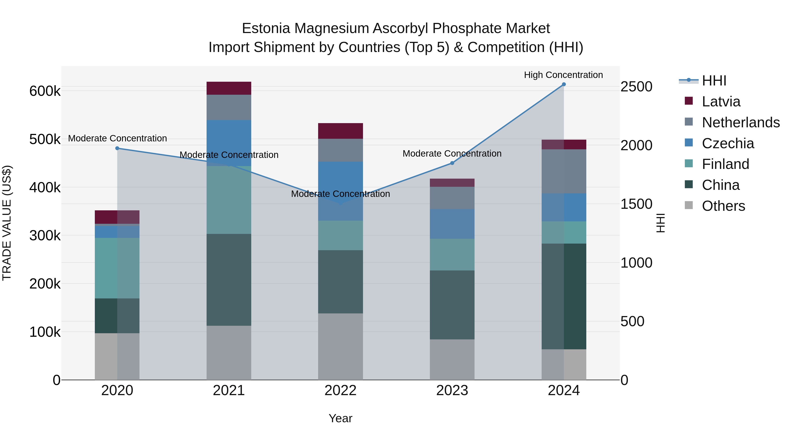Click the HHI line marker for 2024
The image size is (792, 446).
click(x=564, y=84)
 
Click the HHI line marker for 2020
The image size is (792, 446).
click(x=117, y=148)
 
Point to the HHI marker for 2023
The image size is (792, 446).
click(x=452, y=163)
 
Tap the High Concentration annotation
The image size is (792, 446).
click(x=563, y=75)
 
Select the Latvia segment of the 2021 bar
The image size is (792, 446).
click(x=229, y=88)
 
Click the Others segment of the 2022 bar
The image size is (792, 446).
click(x=340, y=347)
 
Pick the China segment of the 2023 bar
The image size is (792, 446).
click(x=452, y=305)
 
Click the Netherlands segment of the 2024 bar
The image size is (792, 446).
click(x=564, y=171)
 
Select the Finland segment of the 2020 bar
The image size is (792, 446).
click(x=117, y=268)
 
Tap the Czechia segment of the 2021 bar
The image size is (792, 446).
click(x=229, y=143)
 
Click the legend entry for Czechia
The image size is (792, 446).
click(x=728, y=143)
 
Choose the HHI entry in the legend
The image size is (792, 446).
click(x=714, y=81)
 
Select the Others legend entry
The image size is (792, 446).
click(x=723, y=206)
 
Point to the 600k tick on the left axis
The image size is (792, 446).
click(x=45, y=91)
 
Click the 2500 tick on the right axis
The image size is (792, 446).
click(x=636, y=87)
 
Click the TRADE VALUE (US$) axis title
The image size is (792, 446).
click(x=7, y=223)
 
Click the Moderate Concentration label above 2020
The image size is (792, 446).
click(x=117, y=139)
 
